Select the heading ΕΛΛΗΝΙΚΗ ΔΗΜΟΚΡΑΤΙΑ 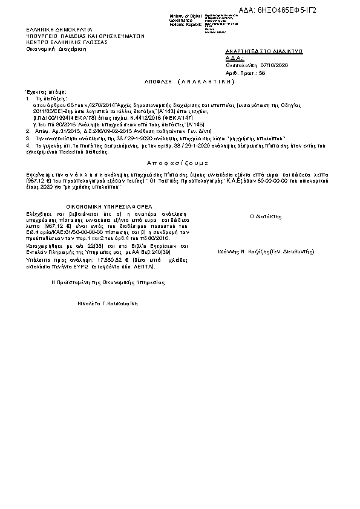[x=59, y=29]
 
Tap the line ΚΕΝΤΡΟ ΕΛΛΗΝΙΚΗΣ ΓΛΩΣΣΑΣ [x=67, y=43]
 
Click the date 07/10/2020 [x=275, y=65]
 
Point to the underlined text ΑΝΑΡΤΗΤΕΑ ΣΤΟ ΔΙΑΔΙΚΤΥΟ [x=264, y=52]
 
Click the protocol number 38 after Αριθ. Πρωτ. [x=261, y=72]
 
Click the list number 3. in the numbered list [x=28, y=138]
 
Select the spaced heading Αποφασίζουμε [x=177, y=163]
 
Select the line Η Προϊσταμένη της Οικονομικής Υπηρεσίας [x=107, y=282]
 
